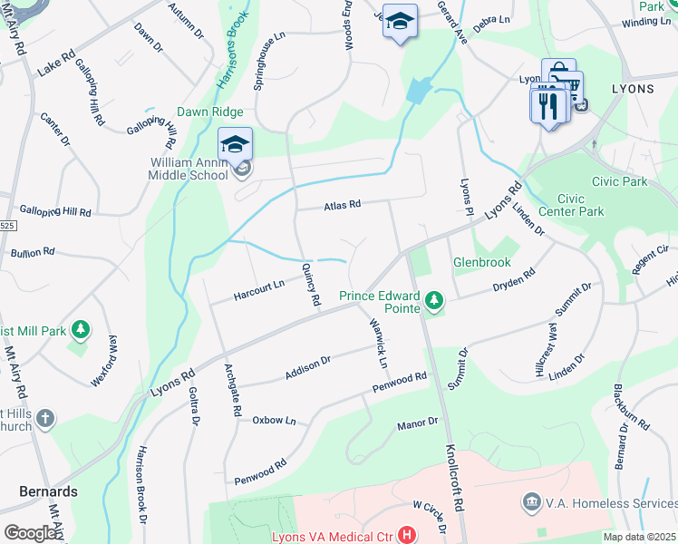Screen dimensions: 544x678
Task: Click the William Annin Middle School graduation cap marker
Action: click(235, 145)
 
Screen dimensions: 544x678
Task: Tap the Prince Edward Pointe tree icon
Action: click(435, 298)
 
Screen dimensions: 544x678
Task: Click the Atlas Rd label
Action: click(343, 206)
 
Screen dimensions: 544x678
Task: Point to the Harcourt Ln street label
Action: click(259, 290)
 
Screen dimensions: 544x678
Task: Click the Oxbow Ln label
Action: click(274, 421)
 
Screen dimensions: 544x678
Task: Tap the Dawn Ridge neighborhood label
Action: click(209, 112)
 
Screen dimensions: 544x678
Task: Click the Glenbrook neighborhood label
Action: click(482, 263)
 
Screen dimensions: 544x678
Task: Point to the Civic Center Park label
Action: click(580, 205)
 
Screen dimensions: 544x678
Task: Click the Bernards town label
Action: click(48, 491)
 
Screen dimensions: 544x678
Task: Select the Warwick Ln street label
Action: click(379, 343)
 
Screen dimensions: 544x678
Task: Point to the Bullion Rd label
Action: click(32, 251)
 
